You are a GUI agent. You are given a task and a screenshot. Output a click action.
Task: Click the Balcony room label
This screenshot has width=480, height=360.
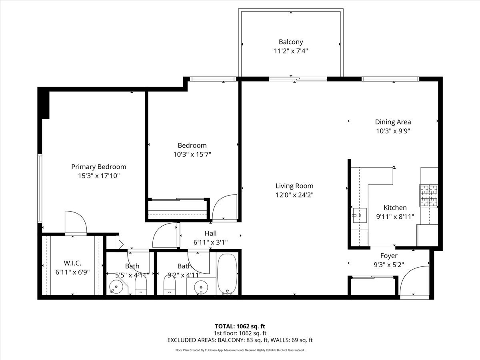(291, 42)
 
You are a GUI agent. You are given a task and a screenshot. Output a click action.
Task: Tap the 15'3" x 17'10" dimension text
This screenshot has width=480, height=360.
(98, 176)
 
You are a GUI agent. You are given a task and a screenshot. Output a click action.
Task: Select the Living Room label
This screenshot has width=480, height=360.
(294, 186)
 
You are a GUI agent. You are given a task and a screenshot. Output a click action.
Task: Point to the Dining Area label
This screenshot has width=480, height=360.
(393, 122)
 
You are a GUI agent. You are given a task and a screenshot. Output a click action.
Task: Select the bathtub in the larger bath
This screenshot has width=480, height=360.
(228, 274)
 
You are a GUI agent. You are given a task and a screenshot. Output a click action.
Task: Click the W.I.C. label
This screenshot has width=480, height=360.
(72, 263)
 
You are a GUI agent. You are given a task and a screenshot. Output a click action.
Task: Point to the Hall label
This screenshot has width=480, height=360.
(210, 233)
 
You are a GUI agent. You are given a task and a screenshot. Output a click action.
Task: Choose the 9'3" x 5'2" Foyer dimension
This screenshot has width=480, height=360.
(389, 264)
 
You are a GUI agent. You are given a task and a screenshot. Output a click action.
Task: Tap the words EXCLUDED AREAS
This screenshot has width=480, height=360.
(191, 340)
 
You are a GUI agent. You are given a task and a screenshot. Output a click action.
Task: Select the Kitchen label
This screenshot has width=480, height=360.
(395, 208)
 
